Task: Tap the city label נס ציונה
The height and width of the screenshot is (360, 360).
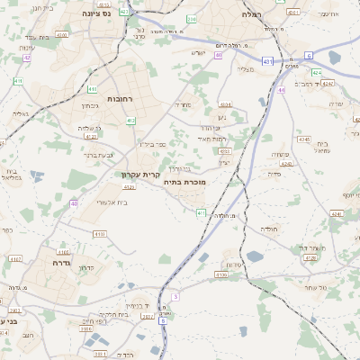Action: pyautogui.click(x=95, y=13)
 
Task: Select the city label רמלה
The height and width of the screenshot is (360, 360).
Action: pyautogui.click(x=252, y=14)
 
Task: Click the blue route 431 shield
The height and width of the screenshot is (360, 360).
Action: pyautogui.click(x=267, y=61)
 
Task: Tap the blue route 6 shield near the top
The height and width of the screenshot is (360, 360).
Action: pyautogui.click(x=309, y=55)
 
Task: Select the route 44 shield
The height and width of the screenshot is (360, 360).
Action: pyautogui.click(x=282, y=90)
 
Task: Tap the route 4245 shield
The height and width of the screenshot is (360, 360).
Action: pyautogui.click(x=305, y=140)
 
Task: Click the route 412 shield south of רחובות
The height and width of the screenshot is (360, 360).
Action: pyautogui.click(x=130, y=120)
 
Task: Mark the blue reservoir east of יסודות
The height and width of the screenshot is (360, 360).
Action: pyautogui.click(x=255, y=256)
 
